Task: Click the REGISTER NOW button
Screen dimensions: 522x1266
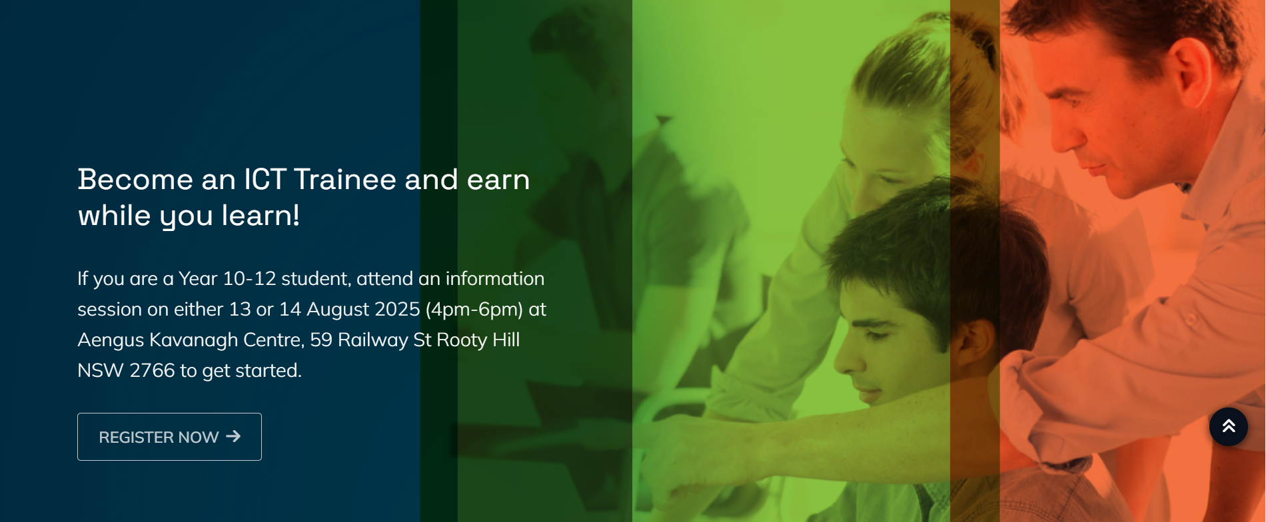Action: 169,437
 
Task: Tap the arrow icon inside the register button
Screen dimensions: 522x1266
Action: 233,436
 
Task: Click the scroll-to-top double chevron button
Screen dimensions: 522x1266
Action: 1228,427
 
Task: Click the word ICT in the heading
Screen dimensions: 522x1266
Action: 265,180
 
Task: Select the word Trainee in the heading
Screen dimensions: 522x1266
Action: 345,180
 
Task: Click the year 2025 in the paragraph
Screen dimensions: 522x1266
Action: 397,310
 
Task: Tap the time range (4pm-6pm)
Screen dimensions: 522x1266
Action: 474,310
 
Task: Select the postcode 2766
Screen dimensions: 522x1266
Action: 152,371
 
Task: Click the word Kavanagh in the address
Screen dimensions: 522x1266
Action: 193,340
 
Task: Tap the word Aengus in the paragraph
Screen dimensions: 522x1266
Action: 111,340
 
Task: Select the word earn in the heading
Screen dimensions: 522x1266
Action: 498,180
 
